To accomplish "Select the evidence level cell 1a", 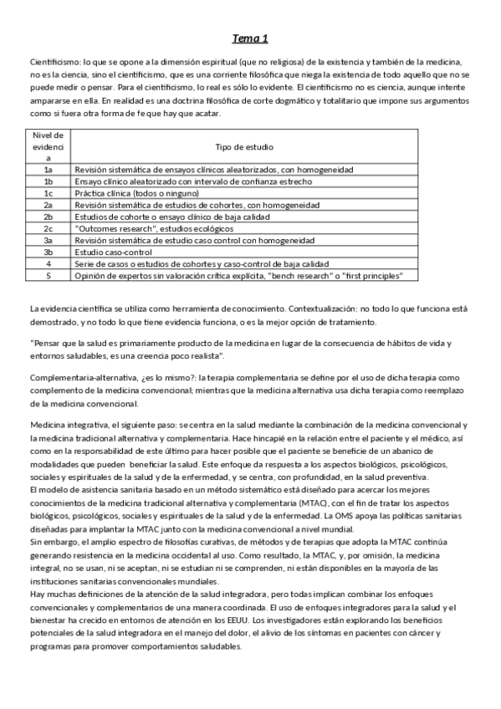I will [x=49, y=169].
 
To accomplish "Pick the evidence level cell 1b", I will [x=49, y=181].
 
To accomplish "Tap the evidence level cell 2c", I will [x=49, y=228].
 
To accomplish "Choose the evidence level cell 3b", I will [x=49, y=252].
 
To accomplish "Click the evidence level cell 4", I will [x=49, y=263].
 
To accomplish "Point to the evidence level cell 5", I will [x=49, y=275].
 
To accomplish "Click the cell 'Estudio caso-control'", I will [x=114, y=252].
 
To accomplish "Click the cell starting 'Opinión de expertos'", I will [x=238, y=275].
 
